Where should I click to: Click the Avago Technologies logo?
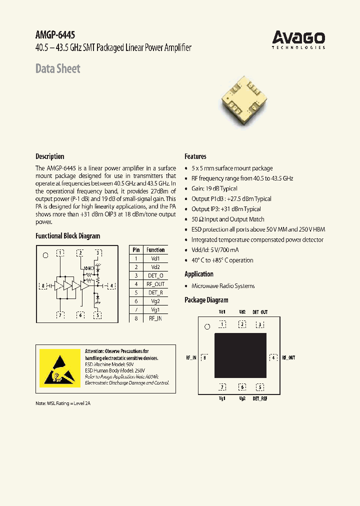[x=298, y=39]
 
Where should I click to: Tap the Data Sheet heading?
[x=57, y=68]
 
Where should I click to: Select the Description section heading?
[x=49, y=156]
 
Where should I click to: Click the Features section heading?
[x=195, y=156]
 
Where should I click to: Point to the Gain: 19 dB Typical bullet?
[x=214, y=188]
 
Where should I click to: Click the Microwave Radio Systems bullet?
[x=223, y=286]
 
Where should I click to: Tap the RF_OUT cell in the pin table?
[x=155, y=284]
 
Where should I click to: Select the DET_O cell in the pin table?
[x=155, y=275]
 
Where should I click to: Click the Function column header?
[x=155, y=250]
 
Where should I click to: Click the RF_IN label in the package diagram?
[x=191, y=358]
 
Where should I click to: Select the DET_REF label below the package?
[x=260, y=398]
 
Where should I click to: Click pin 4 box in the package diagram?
[x=273, y=357]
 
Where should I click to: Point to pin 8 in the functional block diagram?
[x=44, y=286]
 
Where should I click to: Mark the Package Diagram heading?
[x=206, y=300]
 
